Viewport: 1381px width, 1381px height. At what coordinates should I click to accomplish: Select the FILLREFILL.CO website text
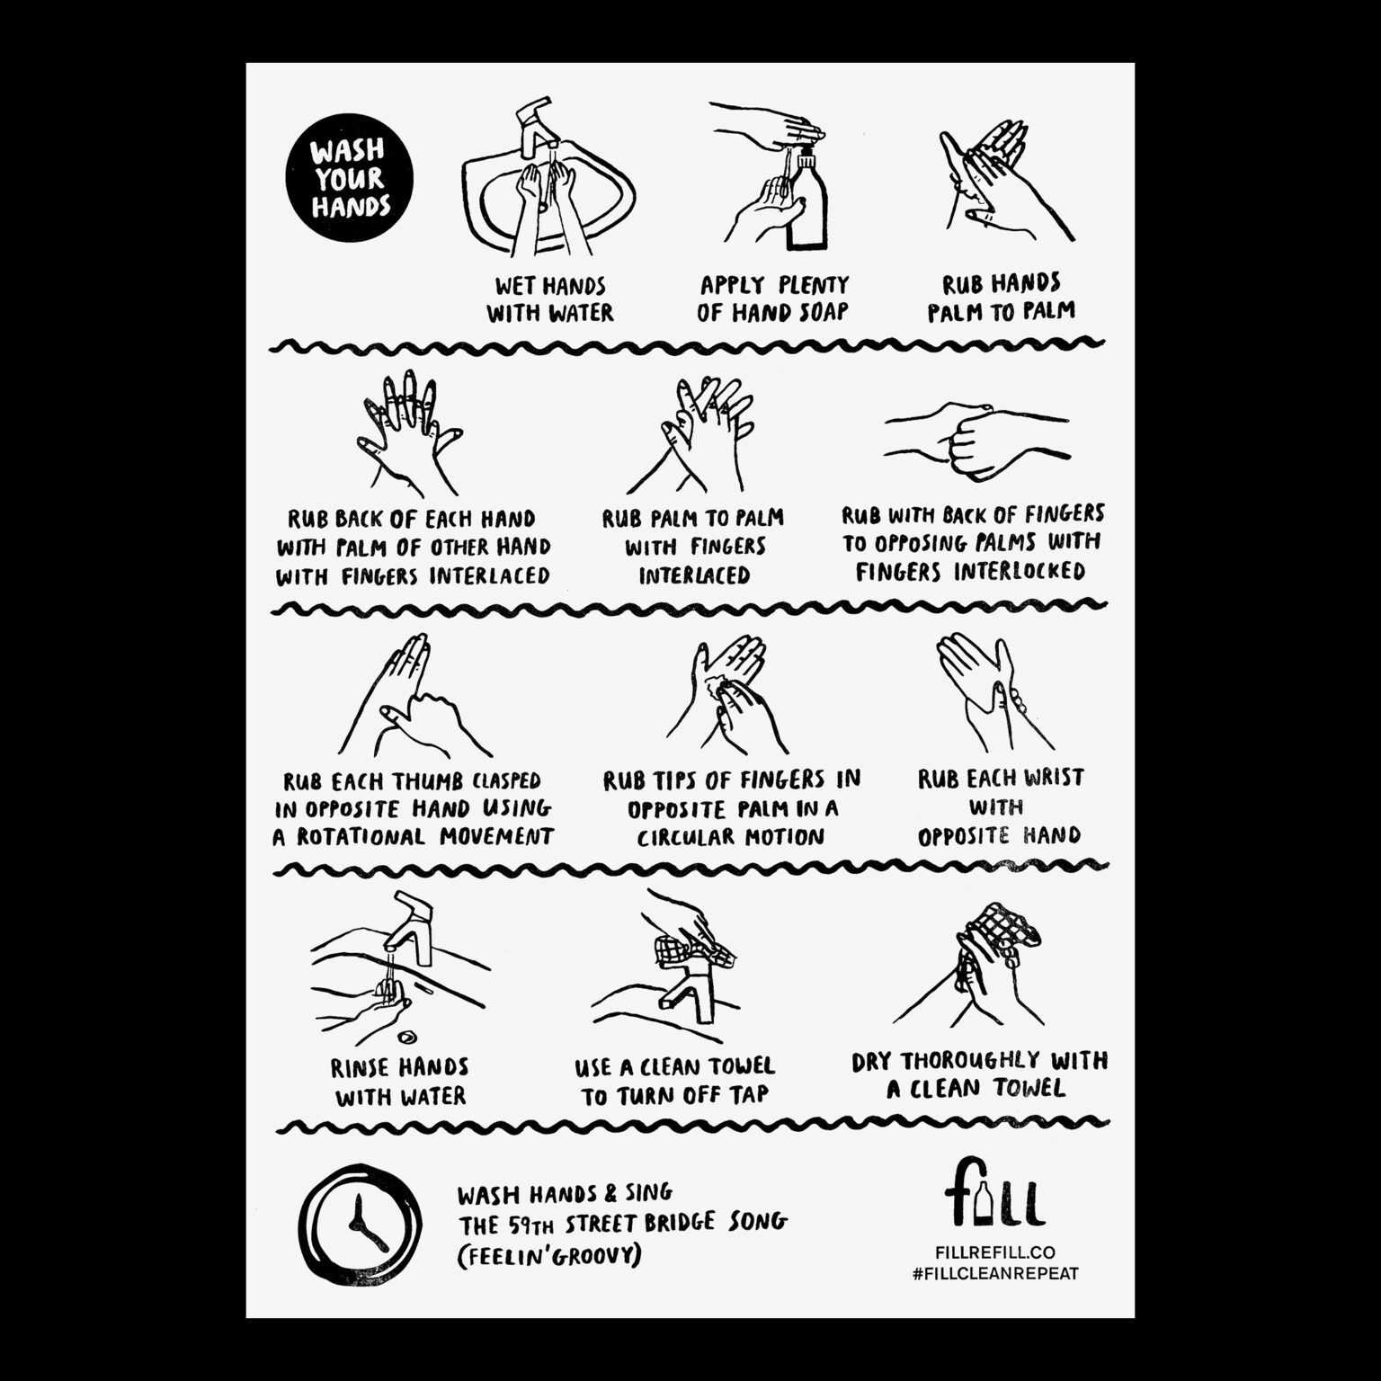click(x=994, y=1252)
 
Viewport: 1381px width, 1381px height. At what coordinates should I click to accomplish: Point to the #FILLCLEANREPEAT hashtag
click(x=994, y=1273)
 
